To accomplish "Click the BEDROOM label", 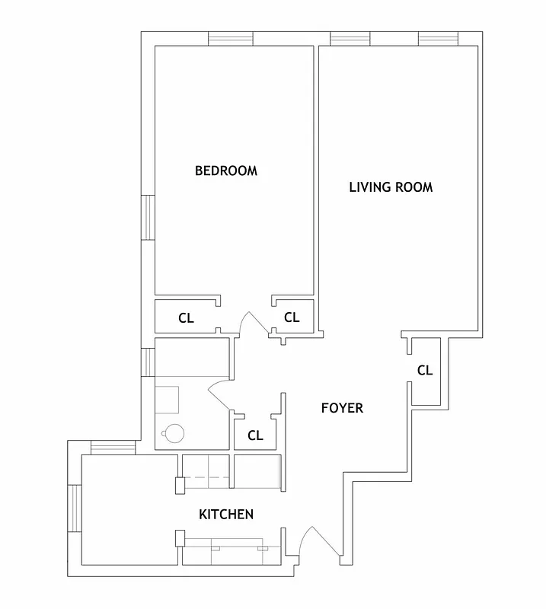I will [226, 171].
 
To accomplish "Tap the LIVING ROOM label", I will [391, 187].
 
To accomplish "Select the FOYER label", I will [342, 408].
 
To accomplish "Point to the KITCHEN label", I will [226, 515].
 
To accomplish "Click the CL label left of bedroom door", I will [186, 318].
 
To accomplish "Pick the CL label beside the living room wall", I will [292, 317].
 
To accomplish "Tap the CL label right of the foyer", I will [425, 371].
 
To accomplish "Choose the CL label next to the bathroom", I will [255, 436].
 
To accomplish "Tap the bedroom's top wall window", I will [231, 39].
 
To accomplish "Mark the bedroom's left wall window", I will [148, 218].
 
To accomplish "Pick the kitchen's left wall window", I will [75, 509].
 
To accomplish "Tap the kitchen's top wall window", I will [113, 448].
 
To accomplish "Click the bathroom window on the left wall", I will [148, 362].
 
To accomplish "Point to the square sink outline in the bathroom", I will [167, 399].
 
